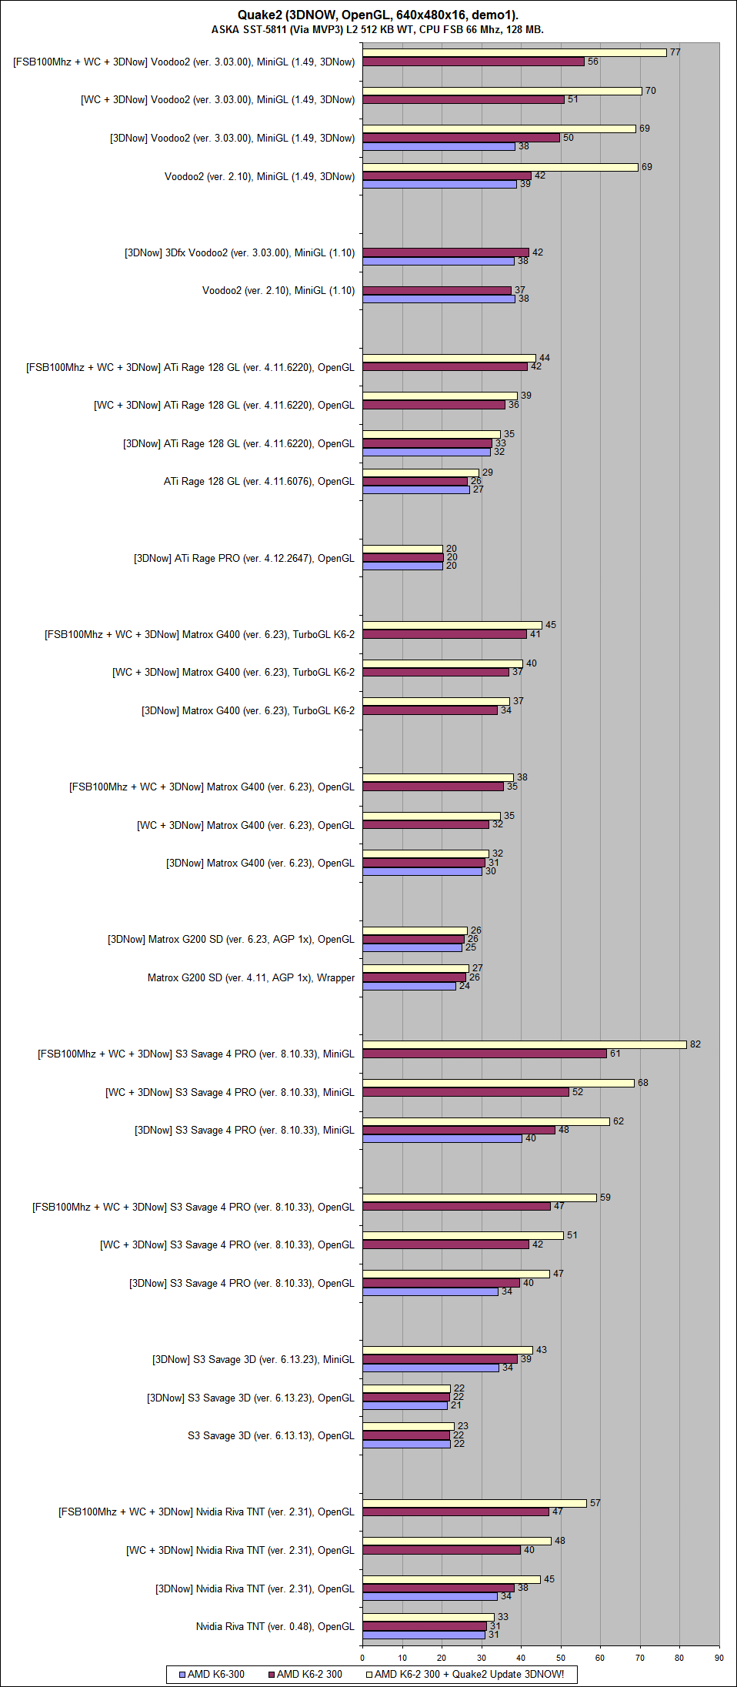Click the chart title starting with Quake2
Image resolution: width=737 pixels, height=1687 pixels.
[378, 15]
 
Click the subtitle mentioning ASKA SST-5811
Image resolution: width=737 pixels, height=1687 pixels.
[378, 30]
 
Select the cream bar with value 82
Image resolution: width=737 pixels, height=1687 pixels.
[524, 1044]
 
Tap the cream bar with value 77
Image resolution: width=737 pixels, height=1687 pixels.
[514, 52]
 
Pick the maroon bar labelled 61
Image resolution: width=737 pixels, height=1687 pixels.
[484, 1054]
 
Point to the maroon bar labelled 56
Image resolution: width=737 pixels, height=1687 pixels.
[473, 62]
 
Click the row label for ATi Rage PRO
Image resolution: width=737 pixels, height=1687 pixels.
[244, 558]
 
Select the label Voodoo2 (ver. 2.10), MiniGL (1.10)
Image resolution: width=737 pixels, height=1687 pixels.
[278, 290]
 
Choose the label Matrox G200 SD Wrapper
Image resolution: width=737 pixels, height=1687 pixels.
[251, 977]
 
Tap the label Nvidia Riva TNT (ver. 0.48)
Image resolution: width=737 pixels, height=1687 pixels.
[275, 1626]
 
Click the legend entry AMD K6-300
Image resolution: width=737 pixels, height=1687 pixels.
[212, 1674]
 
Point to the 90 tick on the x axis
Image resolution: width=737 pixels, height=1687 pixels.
[719, 1658]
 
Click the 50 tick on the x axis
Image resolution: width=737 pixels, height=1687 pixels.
[561, 1658]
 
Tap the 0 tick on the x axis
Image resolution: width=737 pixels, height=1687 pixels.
[362, 1658]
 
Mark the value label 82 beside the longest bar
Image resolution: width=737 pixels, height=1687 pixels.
[695, 1044]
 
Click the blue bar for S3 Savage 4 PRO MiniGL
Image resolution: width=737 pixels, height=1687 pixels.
[442, 1139]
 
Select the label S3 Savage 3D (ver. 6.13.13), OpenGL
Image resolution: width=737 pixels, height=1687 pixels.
[271, 1435]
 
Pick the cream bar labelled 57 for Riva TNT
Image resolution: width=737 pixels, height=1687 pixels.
[475, 1503]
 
